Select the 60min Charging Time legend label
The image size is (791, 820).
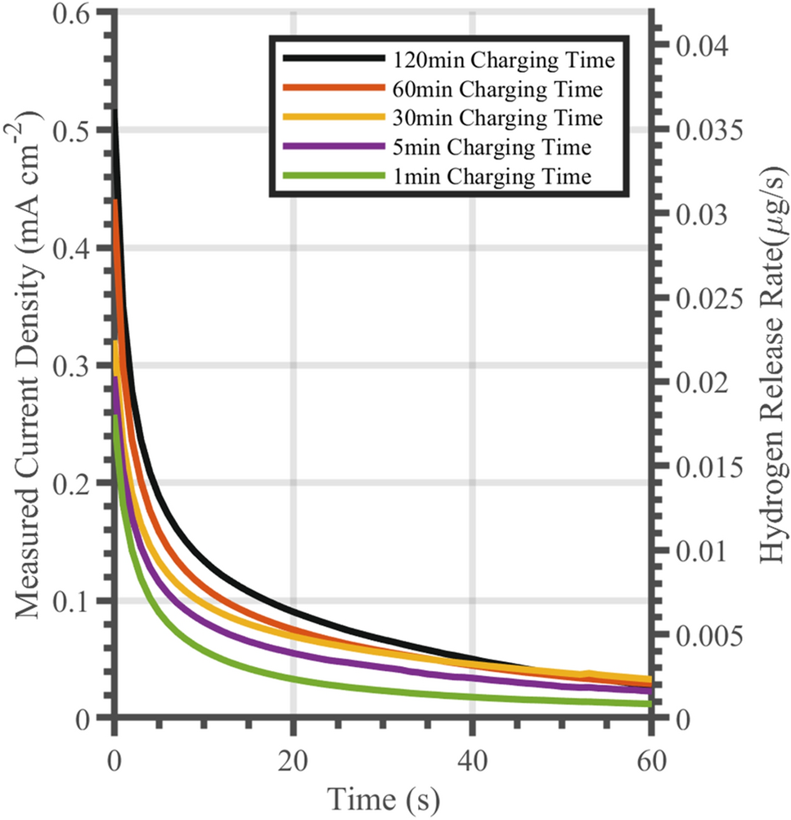click(498, 88)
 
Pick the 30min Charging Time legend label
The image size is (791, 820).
click(498, 118)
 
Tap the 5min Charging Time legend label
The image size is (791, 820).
click(491, 147)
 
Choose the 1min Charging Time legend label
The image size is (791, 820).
click(491, 176)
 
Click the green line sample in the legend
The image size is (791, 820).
click(334, 176)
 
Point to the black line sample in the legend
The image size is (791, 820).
click(334, 59)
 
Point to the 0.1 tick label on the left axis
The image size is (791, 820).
click(74, 601)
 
